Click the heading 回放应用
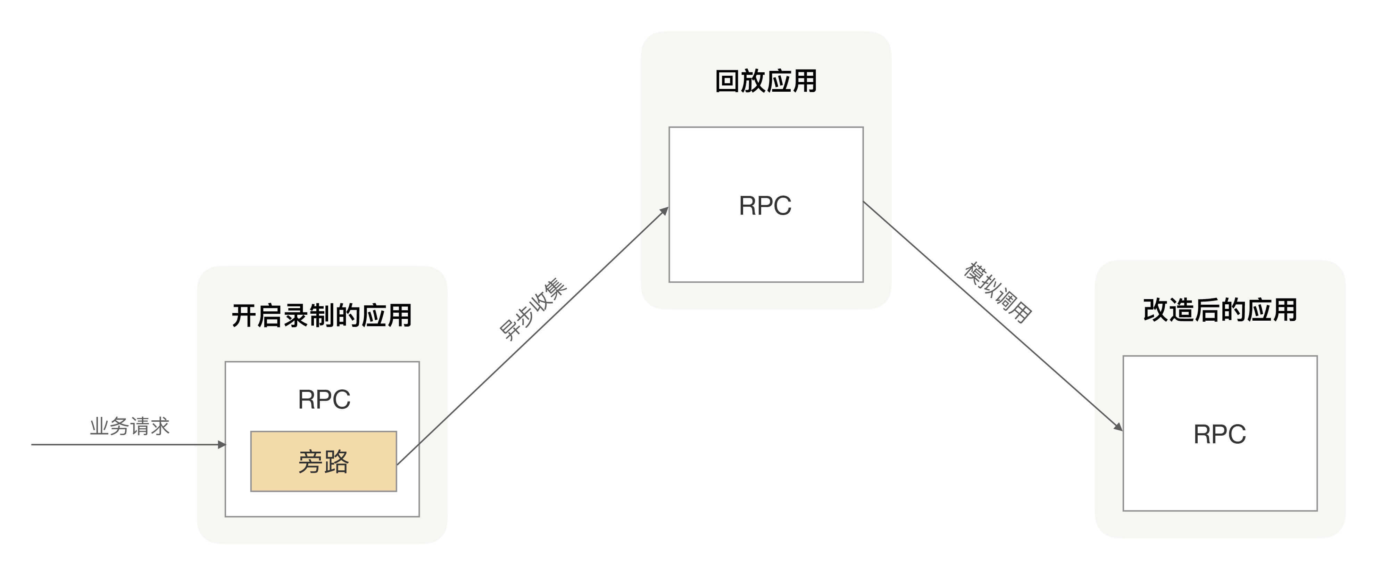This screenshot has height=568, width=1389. coord(766,81)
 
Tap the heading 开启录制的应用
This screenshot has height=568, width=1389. coord(322,315)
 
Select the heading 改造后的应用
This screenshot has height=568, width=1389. coord(1220,310)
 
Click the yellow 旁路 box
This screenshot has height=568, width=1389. coord(324,461)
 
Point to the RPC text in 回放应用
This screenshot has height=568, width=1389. coord(765,206)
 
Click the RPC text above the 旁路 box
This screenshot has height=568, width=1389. coord(324,400)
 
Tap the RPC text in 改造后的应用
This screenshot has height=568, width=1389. coord(1220,434)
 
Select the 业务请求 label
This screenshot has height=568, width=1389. coord(130,426)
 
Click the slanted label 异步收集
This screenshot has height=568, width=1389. coord(532,310)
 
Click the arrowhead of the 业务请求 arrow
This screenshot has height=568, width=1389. coord(222,444)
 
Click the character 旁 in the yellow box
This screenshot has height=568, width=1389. coord(310,462)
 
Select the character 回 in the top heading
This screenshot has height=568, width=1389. coord(727,81)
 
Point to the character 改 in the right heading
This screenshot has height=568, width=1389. coord(1156,310)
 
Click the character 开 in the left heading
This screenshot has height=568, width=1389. coord(244,315)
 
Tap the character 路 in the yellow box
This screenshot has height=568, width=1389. coord(337,462)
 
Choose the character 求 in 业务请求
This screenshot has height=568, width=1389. coord(160,426)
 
